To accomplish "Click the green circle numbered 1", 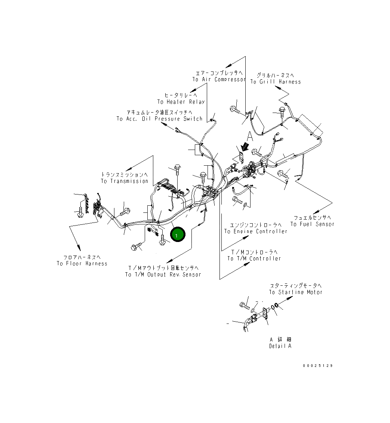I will (177, 235).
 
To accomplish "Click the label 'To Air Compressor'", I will (219, 79).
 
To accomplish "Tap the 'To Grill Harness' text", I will (276, 82).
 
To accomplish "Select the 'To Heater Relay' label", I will (181, 102).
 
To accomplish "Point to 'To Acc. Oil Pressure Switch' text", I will (159, 119).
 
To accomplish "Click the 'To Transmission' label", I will (125, 181).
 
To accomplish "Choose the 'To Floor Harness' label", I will (82, 264).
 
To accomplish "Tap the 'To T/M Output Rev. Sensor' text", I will (163, 275).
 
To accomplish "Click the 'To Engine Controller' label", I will (256, 232).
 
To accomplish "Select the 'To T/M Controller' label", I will (254, 258).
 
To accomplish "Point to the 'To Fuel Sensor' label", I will (312, 224).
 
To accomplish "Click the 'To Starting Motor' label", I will (295, 292).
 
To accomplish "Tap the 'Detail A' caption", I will (280, 346).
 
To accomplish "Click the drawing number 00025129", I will (318, 365).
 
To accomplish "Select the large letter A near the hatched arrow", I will (250, 136).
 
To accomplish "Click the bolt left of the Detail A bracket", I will (245, 305).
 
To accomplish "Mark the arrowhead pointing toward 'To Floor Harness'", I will (79, 248).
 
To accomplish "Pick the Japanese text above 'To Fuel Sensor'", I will (313, 217).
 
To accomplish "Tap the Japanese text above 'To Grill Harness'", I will (275, 75).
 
